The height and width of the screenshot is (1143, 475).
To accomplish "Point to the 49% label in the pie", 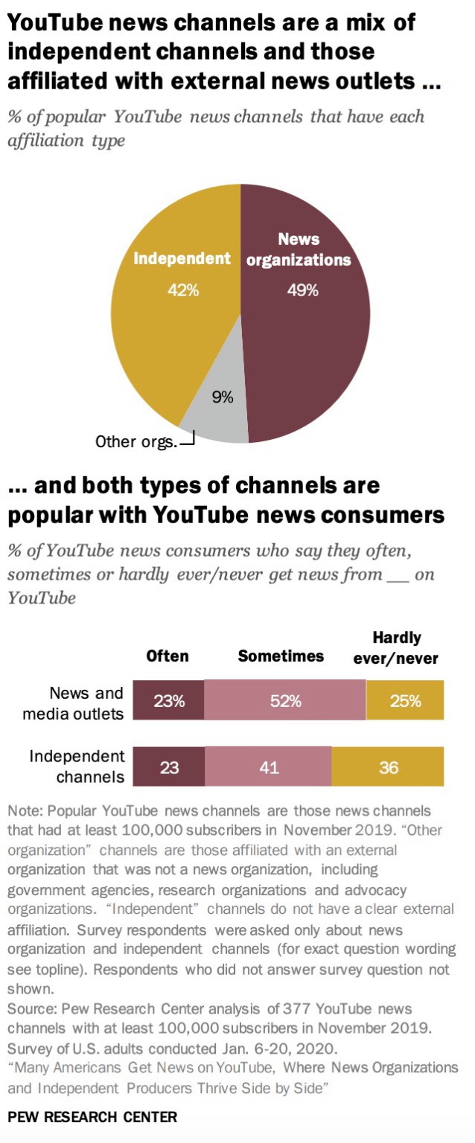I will [303, 291].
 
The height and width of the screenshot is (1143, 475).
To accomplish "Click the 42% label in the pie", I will [182, 291].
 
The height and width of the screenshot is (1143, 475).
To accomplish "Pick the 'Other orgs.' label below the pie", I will [136, 442].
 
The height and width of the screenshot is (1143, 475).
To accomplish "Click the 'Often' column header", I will [168, 656].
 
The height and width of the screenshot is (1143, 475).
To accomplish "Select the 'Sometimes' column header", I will [281, 656].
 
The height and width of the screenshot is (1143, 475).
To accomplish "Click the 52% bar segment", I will [285, 700].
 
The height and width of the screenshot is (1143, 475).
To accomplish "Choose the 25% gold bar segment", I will [405, 700].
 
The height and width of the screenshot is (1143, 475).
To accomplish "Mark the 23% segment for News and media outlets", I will [169, 700].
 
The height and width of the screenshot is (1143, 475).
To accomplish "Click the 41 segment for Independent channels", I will [269, 766].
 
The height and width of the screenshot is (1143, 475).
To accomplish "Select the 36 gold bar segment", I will [388, 766].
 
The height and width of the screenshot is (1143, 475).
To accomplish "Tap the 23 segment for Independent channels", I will [169, 766].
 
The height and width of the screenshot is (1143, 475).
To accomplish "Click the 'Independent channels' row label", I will [77, 766].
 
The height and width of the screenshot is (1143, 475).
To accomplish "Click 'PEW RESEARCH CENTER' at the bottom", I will [92, 1117].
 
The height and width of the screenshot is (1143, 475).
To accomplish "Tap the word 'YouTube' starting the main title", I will [51, 22].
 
